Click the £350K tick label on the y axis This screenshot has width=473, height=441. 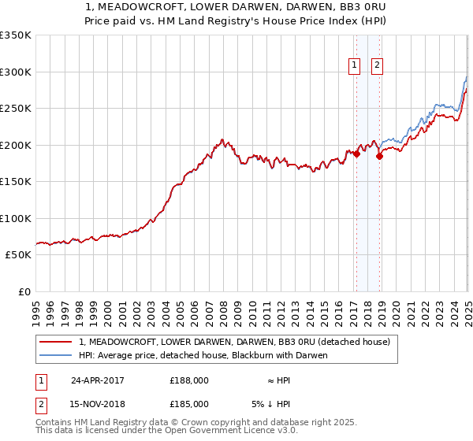(x=16, y=35)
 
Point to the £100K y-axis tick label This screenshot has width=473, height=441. (x=16, y=218)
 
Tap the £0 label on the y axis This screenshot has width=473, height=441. (x=24, y=291)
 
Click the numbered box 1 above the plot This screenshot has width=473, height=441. (x=356, y=65)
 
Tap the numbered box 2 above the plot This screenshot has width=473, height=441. (x=378, y=65)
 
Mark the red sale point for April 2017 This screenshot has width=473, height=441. (x=356, y=154)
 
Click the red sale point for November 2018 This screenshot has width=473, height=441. (x=379, y=156)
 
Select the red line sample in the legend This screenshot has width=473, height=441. (x=56, y=342)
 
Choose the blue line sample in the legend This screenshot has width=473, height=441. (x=56, y=355)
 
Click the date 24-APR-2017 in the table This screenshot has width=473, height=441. (x=98, y=380)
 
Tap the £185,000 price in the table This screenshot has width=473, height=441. (x=189, y=404)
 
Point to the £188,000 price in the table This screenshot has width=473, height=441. (x=189, y=380)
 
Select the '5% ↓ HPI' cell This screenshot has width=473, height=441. (x=271, y=404)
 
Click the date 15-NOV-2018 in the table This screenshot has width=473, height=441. (x=99, y=404)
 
